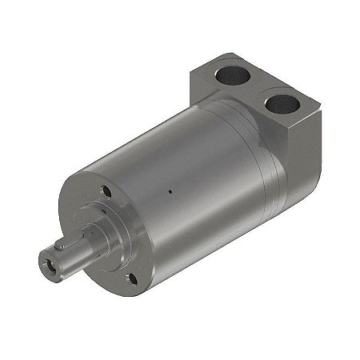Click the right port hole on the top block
point(281,103)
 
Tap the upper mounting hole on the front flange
point(106,191)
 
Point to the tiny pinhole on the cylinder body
point(170,191)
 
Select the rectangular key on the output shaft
point(72,241)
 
